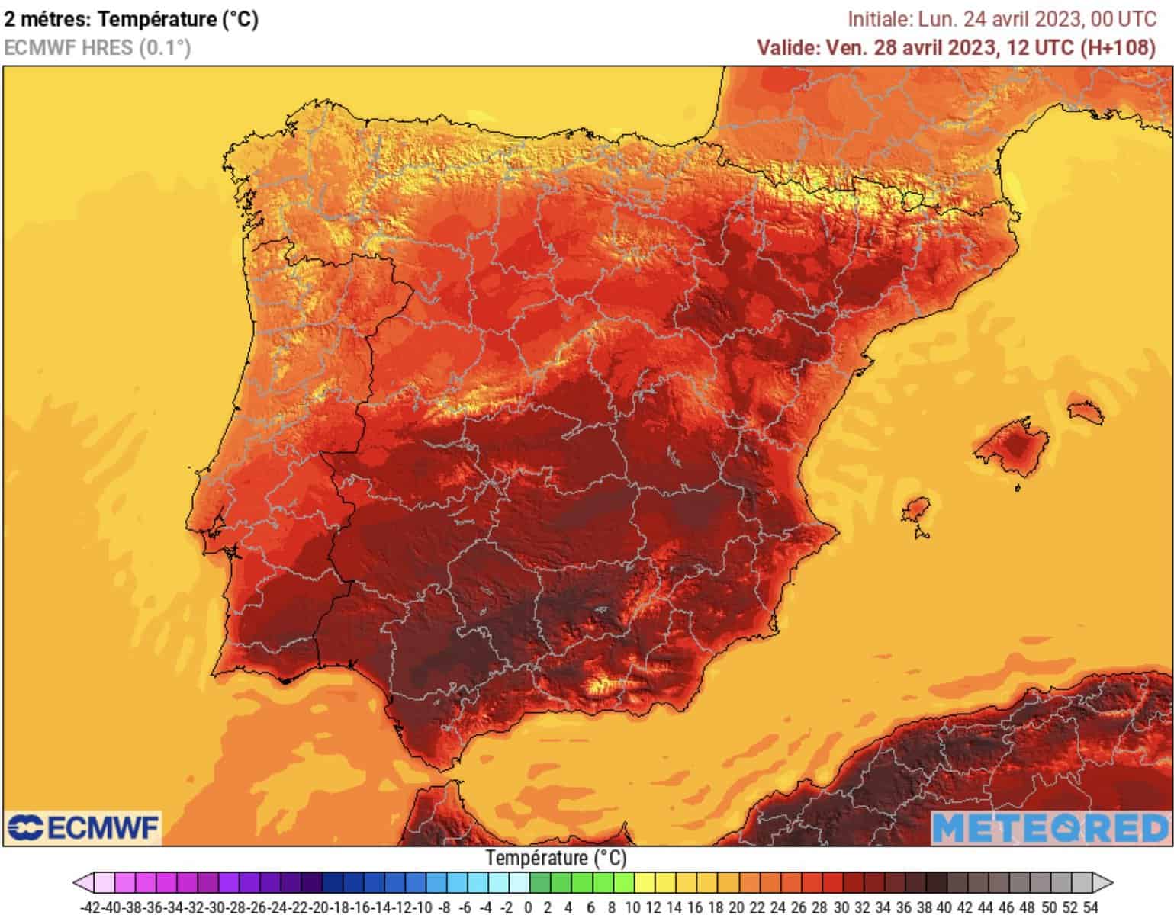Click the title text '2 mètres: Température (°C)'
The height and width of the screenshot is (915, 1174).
(x=131, y=19)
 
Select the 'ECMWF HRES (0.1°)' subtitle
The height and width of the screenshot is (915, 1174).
(x=97, y=47)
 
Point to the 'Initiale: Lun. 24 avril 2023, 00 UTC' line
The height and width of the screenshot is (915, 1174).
(x=1002, y=19)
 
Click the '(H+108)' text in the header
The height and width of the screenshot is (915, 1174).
(x=1118, y=47)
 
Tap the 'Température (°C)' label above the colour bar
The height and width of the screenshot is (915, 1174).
(x=556, y=858)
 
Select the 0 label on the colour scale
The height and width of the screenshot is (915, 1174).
(x=528, y=907)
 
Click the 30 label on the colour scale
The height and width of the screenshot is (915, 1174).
(x=840, y=907)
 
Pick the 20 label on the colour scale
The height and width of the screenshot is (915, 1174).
(x=735, y=907)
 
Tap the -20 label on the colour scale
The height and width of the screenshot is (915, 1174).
(x=320, y=907)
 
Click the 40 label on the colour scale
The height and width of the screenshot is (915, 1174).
(x=944, y=907)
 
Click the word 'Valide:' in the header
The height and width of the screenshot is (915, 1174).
(x=788, y=47)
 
